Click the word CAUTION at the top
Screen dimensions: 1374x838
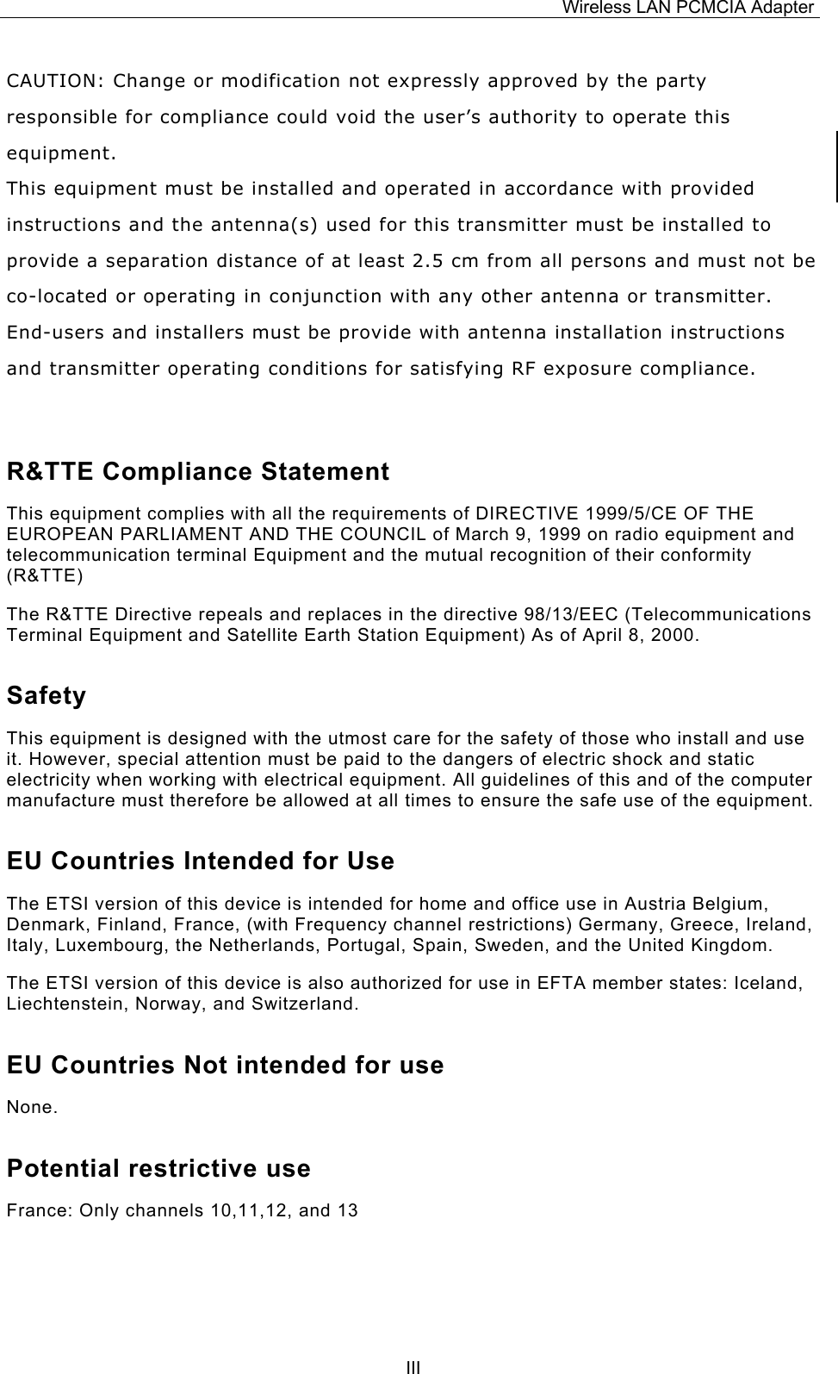point(53,82)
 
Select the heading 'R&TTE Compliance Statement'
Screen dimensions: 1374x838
point(197,472)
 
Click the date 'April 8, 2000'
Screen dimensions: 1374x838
point(647,636)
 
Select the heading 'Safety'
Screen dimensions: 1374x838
point(47,696)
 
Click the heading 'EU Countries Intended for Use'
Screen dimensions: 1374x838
point(200,861)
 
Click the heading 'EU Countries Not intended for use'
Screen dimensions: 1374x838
point(225,1066)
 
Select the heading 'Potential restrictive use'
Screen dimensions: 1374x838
point(158,1169)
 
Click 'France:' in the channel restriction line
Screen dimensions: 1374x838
point(40,1210)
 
